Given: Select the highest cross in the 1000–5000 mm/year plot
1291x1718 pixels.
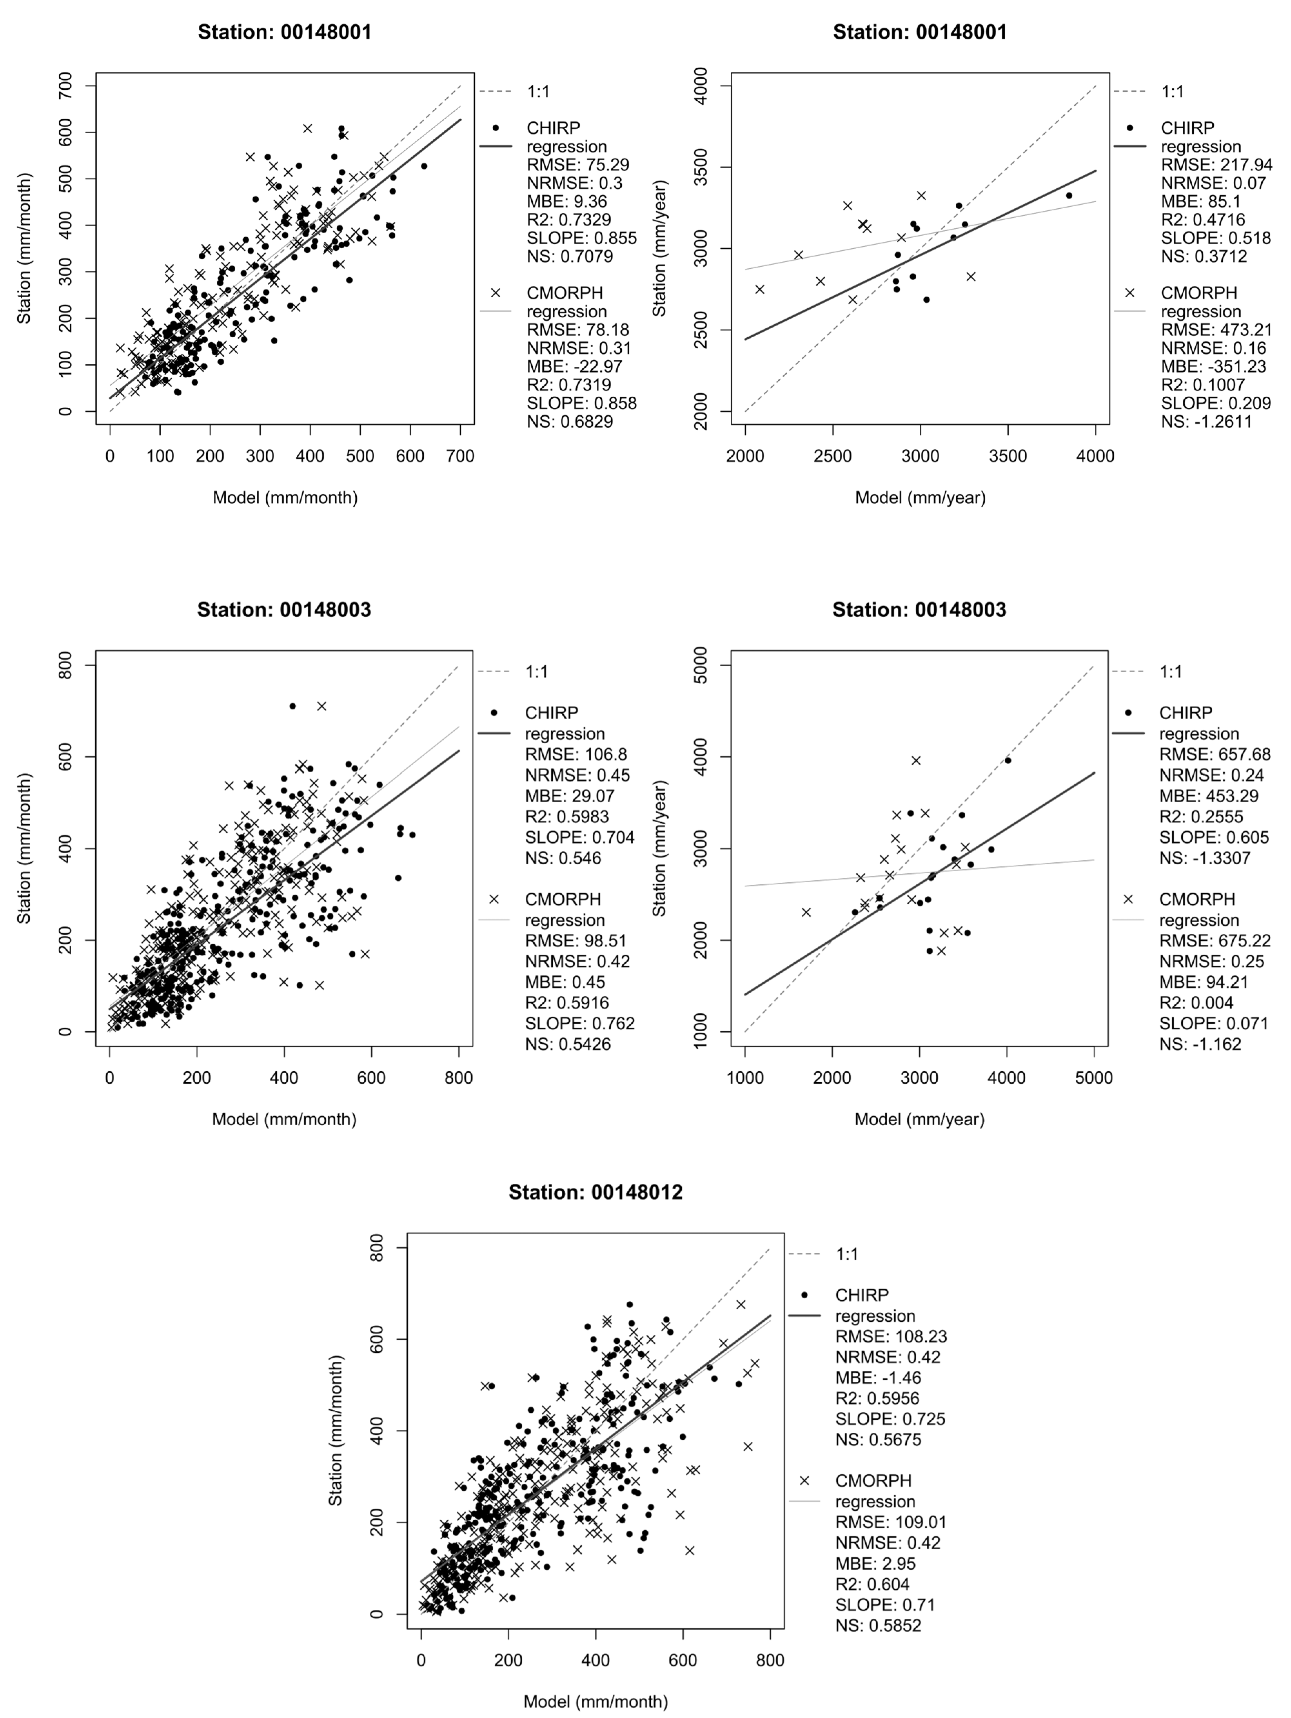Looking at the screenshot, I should click(916, 761).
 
